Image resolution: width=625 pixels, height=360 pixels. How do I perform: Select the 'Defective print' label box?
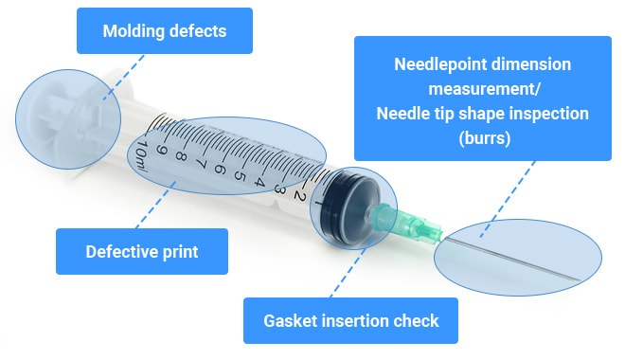142,252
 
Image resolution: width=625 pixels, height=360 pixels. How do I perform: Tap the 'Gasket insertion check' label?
350,321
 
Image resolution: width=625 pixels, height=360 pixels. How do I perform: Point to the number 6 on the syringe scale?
219,171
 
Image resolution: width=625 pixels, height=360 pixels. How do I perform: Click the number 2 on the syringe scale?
297,195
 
